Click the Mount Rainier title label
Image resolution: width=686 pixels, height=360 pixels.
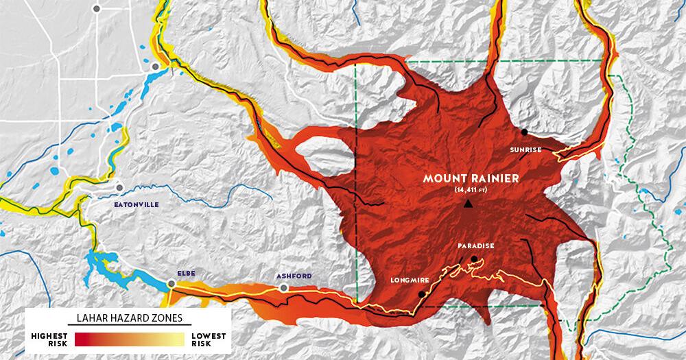471,178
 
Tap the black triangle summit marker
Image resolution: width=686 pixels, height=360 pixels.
468,204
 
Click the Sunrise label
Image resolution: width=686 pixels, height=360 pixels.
526,149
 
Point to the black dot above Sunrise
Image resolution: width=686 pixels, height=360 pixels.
524,132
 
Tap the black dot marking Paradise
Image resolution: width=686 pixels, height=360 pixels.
474,259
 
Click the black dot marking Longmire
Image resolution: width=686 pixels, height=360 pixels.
421,294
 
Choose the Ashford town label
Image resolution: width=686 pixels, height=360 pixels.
294,276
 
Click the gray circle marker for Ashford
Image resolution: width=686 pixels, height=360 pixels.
283,289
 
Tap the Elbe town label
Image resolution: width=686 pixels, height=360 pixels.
186,273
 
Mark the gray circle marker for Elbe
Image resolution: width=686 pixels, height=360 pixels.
171,283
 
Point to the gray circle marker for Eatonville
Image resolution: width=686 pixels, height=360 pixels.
119,187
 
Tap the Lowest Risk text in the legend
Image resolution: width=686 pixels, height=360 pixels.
208,339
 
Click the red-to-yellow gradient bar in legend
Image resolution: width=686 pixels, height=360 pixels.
129,339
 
